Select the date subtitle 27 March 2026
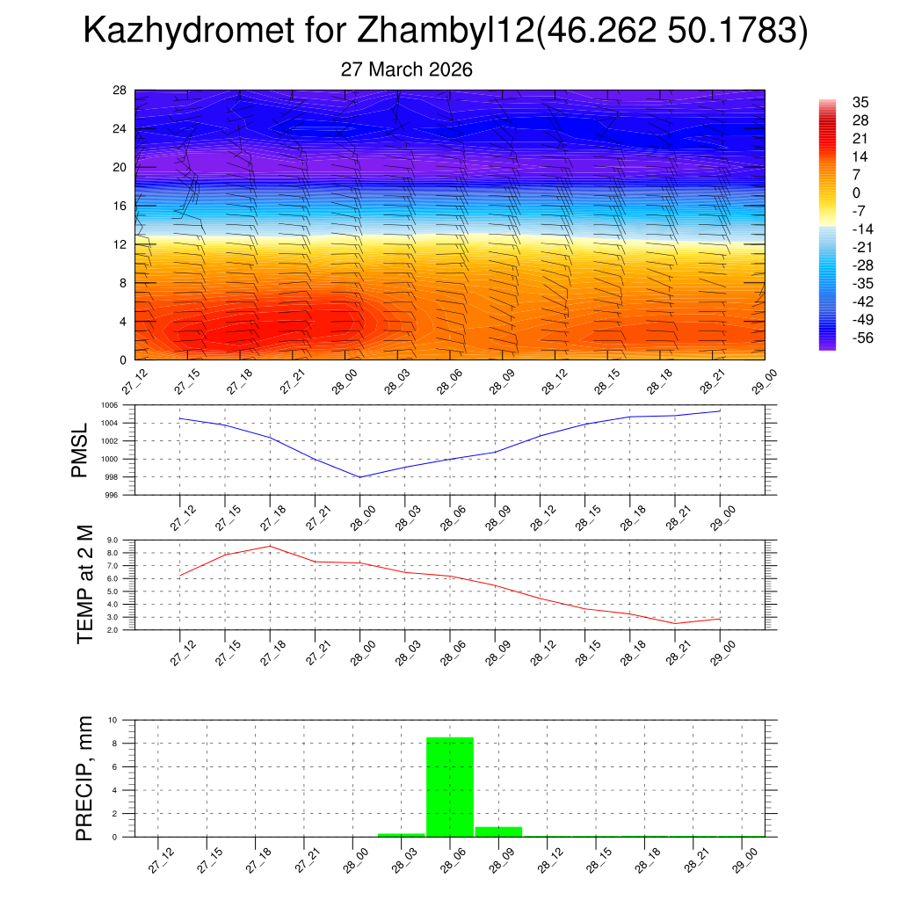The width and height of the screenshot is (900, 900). coord(406,69)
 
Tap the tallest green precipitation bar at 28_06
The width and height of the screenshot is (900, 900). coord(450,787)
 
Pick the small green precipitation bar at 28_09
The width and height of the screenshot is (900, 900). coord(498,831)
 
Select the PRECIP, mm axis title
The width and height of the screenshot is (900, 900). coord(84,778)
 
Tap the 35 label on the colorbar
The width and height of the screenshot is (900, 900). coord(860,102)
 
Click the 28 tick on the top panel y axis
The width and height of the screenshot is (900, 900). coord(120,91)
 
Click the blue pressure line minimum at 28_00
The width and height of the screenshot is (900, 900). coord(360,477)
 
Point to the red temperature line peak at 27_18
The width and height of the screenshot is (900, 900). coord(270,546)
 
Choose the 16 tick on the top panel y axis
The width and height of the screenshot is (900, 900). coord(120,206)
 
